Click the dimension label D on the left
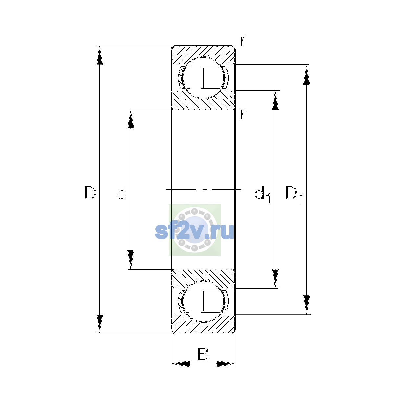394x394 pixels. [x=90, y=193]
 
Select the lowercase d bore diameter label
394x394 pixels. [x=122, y=193]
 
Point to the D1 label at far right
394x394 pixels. [x=295, y=194]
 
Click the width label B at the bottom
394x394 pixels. [x=203, y=354]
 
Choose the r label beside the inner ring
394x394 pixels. [x=243, y=114]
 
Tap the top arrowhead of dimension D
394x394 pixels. [x=99, y=55]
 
